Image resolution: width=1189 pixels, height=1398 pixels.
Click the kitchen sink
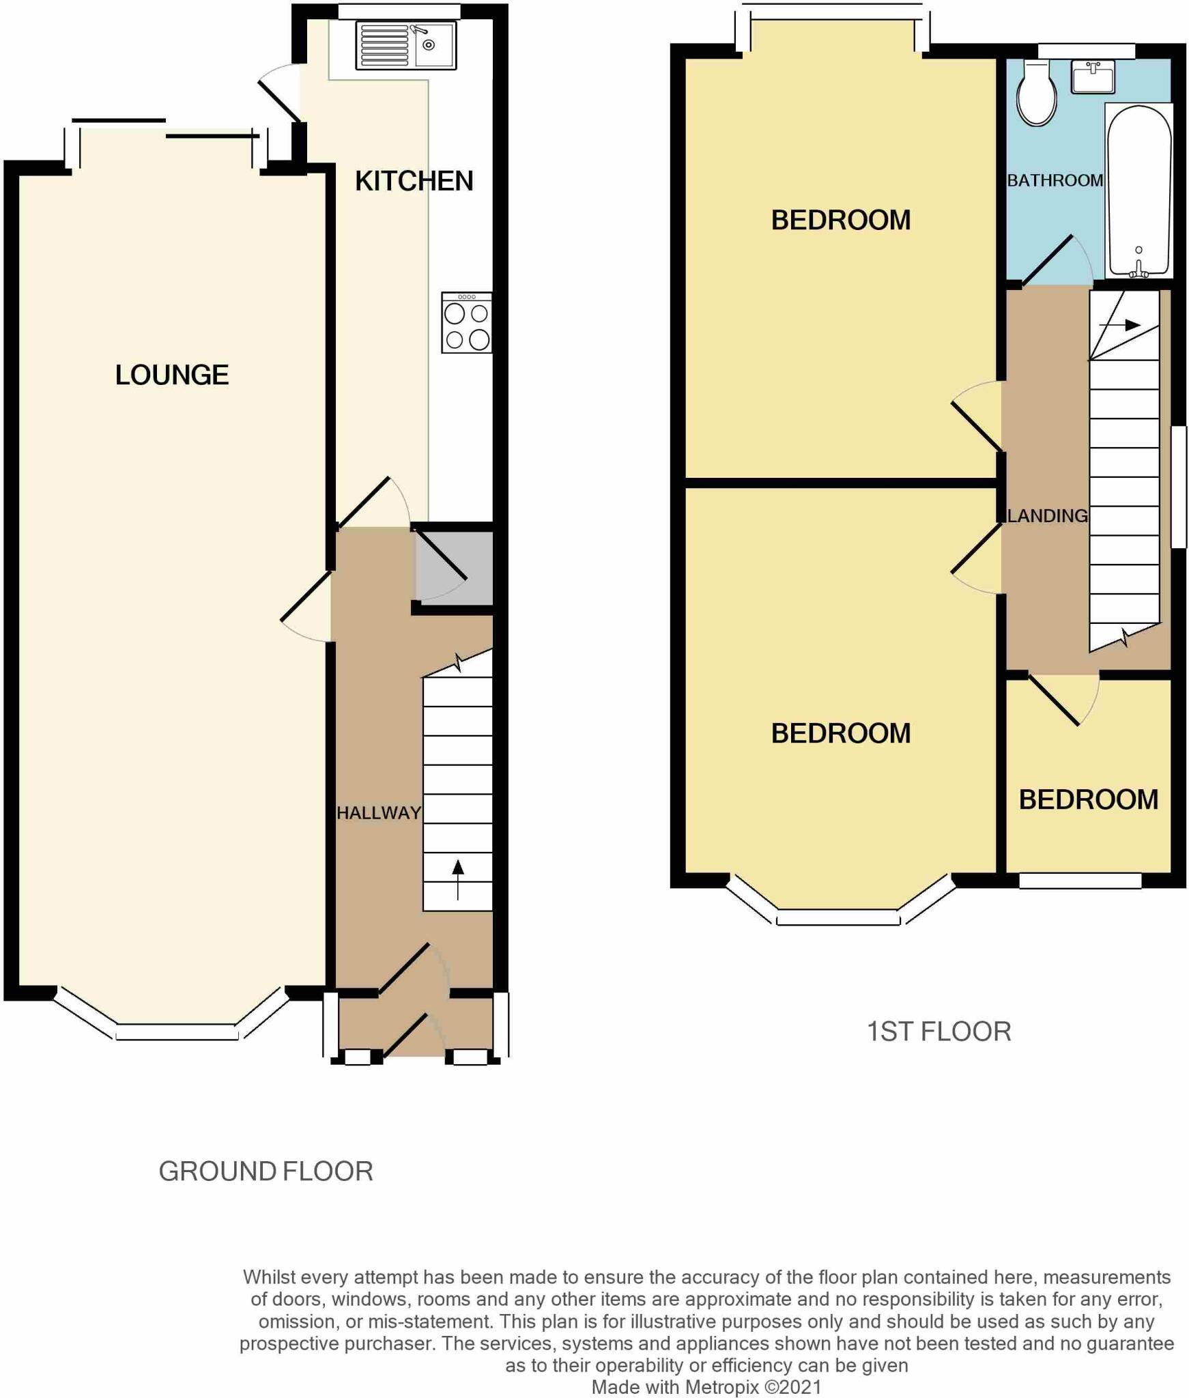pyautogui.click(x=405, y=46)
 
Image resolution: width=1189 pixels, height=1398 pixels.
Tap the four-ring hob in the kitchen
pyautogui.click(x=466, y=323)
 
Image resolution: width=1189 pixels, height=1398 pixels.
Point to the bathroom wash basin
pyautogui.click(x=1092, y=76)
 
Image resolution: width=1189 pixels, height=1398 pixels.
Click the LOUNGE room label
pyautogui.click(x=171, y=375)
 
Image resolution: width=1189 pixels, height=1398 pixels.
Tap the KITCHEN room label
pyautogui.click(x=414, y=181)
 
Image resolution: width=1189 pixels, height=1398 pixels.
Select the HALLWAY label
pyautogui.click(x=378, y=812)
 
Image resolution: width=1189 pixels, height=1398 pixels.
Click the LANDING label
pyautogui.click(x=1047, y=515)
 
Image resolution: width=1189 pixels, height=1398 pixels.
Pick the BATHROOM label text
pyautogui.click(x=1055, y=180)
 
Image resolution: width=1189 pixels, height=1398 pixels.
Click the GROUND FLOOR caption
pyautogui.click(x=266, y=1171)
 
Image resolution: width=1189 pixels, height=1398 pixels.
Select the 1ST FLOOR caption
pyautogui.click(x=938, y=1031)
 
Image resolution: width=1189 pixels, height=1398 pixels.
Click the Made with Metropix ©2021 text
pyautogui.click(x=706, y=1386)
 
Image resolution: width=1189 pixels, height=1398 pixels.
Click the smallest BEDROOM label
pyautogui.click(x=1088, y=799)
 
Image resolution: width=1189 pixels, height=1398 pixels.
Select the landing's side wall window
pyautogui.click(x=1179, y=487)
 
